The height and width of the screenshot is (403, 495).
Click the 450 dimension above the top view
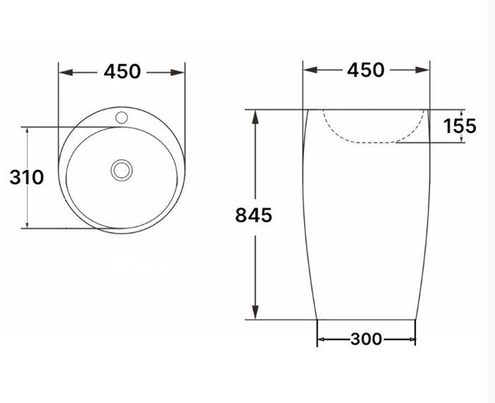[122, 72]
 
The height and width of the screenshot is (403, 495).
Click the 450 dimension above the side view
[366, 70]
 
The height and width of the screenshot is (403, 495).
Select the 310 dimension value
[26, 177]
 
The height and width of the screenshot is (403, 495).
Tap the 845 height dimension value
[253, 215]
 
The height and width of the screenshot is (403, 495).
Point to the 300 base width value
[366, 340]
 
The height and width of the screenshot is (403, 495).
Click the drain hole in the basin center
[122, 169]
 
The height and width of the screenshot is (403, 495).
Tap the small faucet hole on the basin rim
[122, 115]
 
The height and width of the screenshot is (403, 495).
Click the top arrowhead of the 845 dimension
[256, 116]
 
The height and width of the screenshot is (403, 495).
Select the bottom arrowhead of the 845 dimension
[256, 312]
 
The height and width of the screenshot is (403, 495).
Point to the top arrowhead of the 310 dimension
[26, 133]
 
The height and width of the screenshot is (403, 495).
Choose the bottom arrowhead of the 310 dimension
[26, 222]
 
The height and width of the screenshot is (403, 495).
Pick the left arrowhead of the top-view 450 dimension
[64, 72]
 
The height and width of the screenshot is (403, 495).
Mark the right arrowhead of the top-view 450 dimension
[180, 72]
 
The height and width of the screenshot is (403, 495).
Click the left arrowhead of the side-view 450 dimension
[308, 70]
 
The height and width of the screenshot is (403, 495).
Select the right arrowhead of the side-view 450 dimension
[424, 70]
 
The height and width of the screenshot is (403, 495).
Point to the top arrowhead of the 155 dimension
[462, 113]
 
